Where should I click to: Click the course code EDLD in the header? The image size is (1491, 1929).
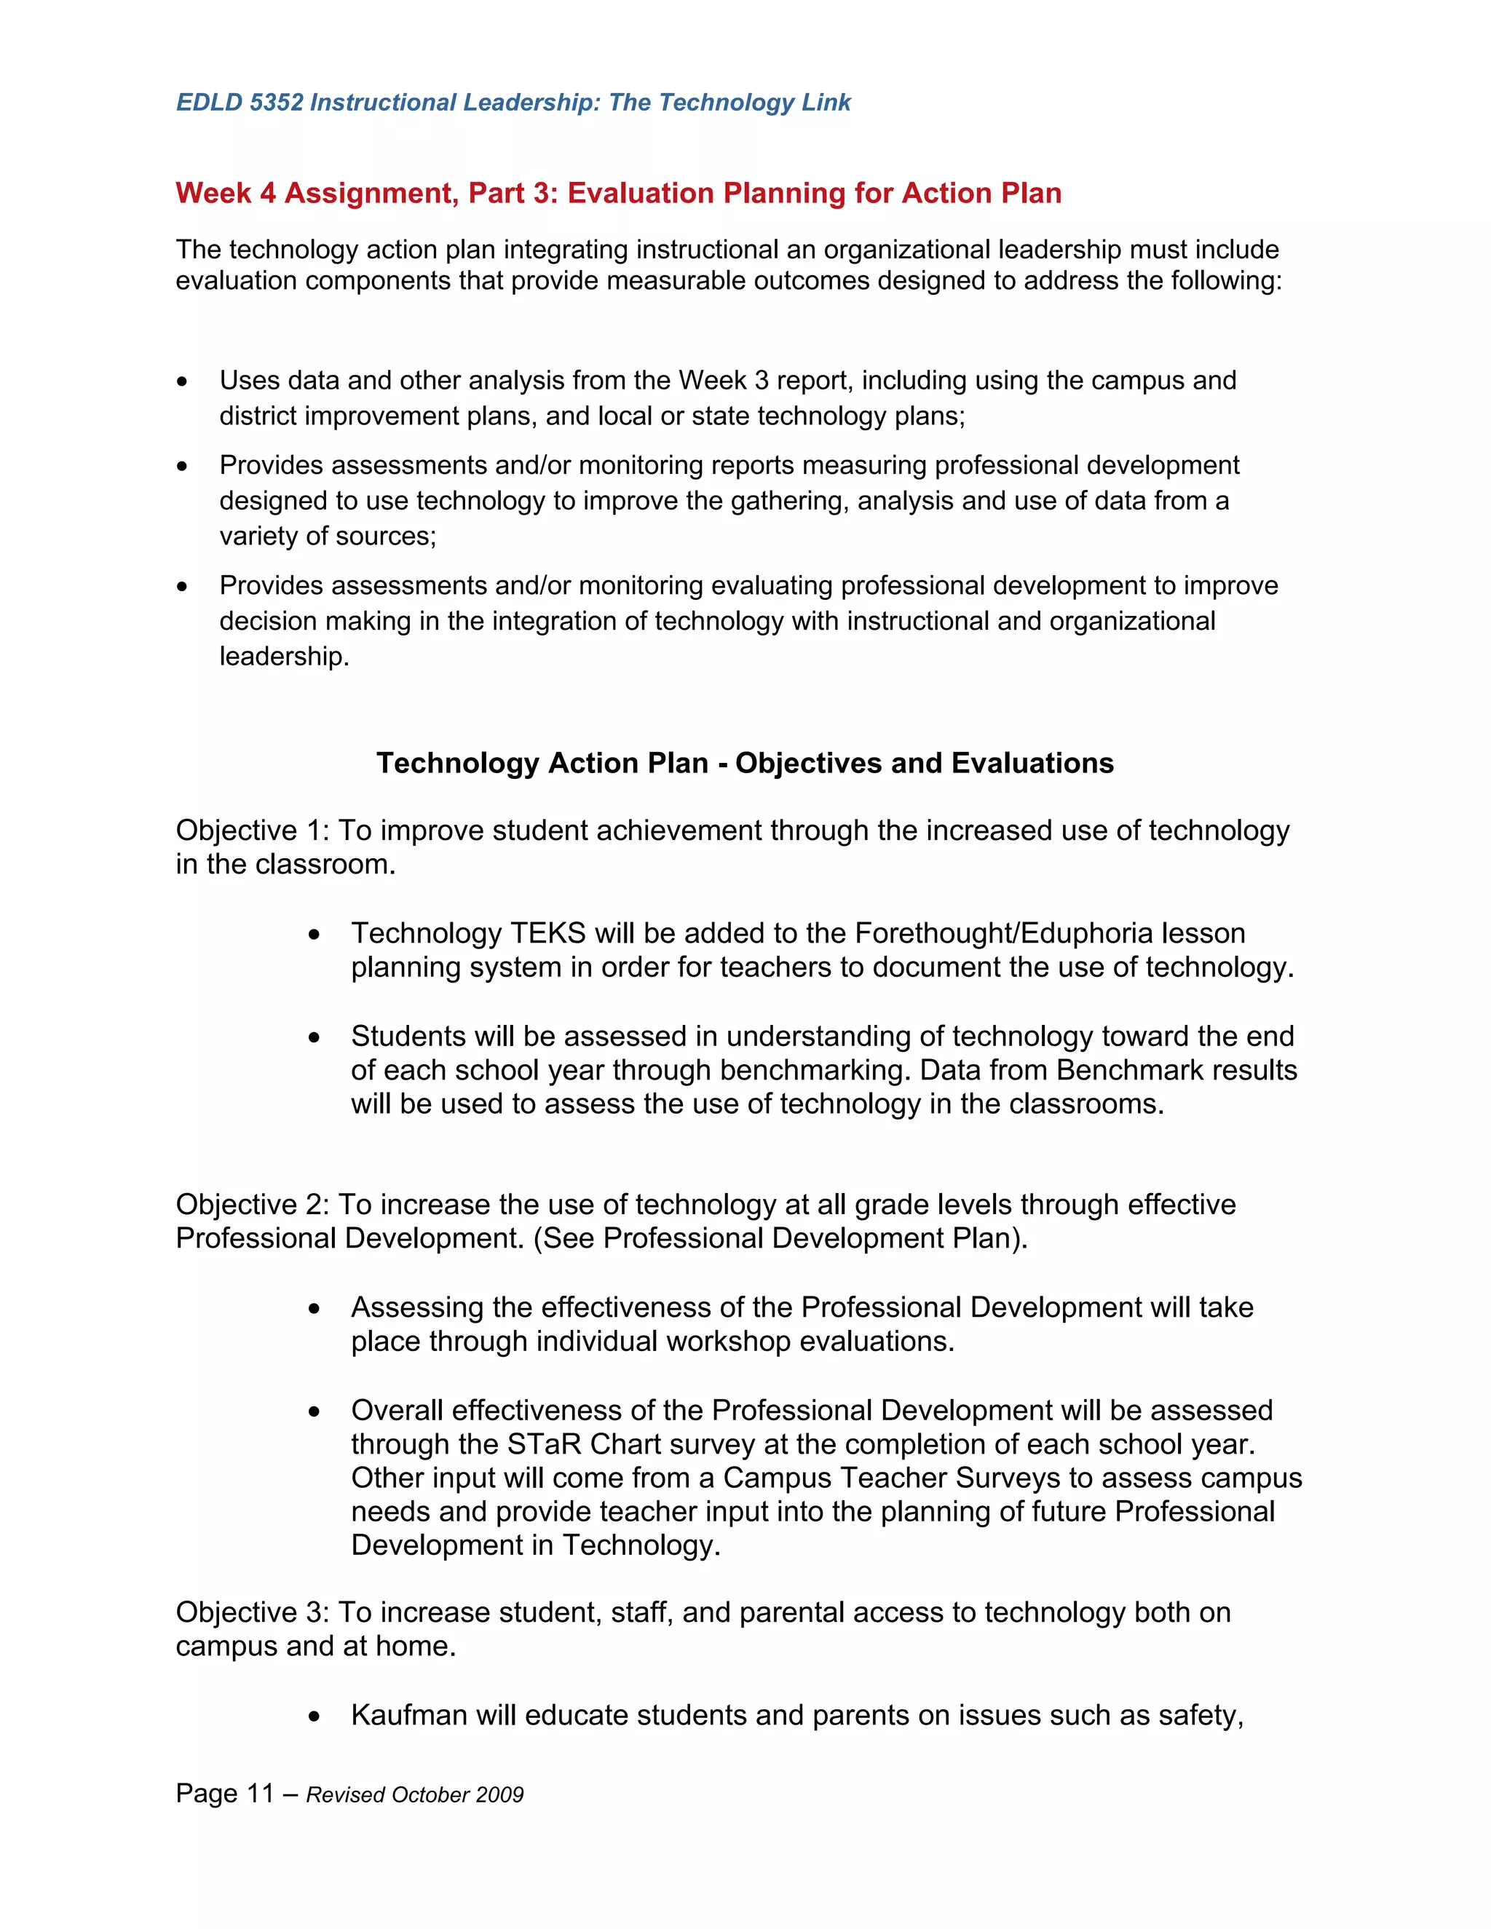coord(208,103)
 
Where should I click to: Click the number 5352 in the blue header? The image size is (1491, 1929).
coord(277,103)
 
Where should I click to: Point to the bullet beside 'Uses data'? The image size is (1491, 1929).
coord(182,381)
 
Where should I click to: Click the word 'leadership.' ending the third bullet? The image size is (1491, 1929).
coord(285,657)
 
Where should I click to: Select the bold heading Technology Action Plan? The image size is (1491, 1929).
coord(542,762)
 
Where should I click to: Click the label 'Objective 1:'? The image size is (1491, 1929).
coord(253,831)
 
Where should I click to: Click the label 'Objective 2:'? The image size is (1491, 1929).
coord(253,1204)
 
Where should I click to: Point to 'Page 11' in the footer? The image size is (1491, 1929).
coord(225,1794)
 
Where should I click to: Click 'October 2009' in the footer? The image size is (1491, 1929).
coord(457,1795)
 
